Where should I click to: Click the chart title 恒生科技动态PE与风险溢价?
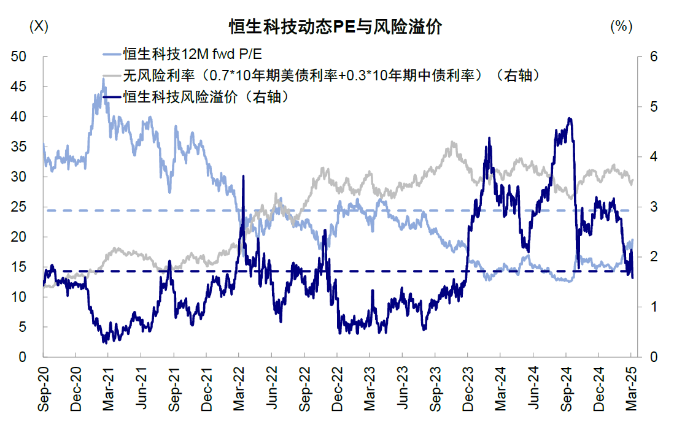tap(336, 28)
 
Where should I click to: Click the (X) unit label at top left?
tap(39, 26)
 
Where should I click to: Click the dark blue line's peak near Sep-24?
tap(570, 118)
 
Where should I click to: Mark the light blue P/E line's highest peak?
tap(103, 96)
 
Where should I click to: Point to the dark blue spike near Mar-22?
tap(243, 176)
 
